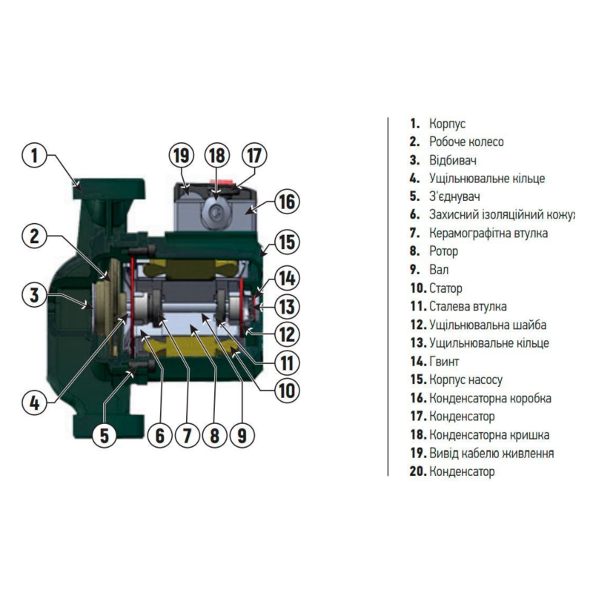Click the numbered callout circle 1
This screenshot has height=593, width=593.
[x=34, y=156]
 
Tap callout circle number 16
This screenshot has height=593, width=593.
[x=287, y=202]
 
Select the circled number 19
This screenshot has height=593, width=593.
[x=181, y=155]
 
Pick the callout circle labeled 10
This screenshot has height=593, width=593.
[x=287, y=391]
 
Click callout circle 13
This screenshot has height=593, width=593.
[x=287, y=306]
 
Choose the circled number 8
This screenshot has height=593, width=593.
[x=214, y=435]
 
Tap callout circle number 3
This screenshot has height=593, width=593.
[x=34, y=294]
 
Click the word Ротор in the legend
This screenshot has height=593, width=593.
[x=443, y=251]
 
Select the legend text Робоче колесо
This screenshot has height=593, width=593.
[x=466, y=142]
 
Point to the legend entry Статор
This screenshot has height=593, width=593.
[x=445, y=288]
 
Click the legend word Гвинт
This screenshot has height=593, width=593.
[x=444, y=362]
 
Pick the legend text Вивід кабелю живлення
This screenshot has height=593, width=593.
[x=491, y=453]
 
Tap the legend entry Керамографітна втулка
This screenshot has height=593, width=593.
[x=488, y=233]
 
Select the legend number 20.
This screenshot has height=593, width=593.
[x=418, y=471]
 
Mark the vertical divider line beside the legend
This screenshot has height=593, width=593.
[x=388, y=296]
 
